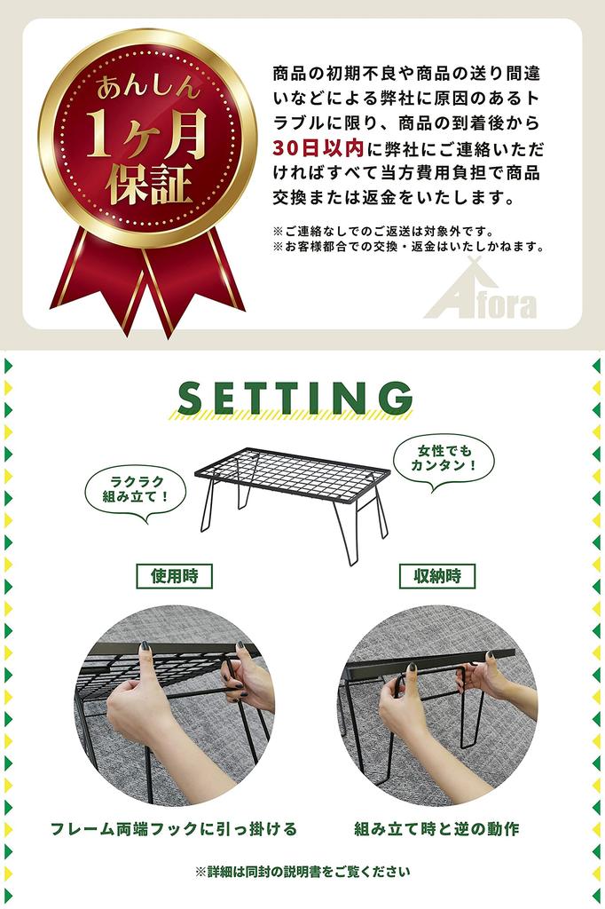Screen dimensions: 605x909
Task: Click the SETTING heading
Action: pyautogui.click(x=295, y=398)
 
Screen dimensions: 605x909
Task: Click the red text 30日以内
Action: pyautogui.click(x=318, y=148)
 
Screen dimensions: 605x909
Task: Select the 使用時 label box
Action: pyautogui.click(x=175, y=576)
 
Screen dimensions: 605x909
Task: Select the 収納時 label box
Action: pyautogui.click(x=437, y=576)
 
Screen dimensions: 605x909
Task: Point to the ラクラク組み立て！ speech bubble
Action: pyautogui.click(x=136, y=490)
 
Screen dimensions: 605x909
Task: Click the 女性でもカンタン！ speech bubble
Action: pyautogui.click(x=444, y=459)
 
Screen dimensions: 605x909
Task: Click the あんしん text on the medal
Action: pyautogui.click(x=148, y=88)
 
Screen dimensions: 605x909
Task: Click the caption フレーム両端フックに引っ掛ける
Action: pyautogui.click(x=174, y=828)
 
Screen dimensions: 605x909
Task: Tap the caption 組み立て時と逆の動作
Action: pyautogui.click(x=437, y=828)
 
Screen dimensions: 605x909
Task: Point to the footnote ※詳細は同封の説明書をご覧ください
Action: pyautogui.click(x=302, y=872)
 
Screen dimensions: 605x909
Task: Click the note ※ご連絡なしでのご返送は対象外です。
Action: pyautogui.click(x=383, y=232)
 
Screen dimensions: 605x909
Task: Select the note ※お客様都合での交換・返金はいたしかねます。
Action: pyautogui.click(x=409, y=247)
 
